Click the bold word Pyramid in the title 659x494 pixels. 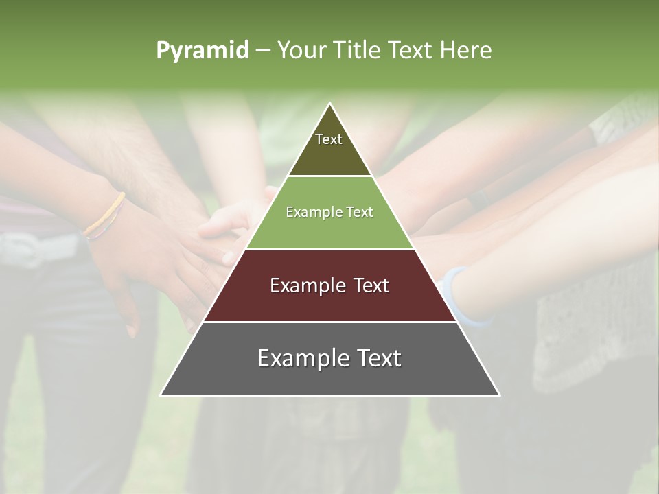pyautogui.click(x=203, y=51)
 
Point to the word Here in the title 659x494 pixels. pyautogui.click(x=465, y=50)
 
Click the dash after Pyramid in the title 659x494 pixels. pyautogui.click(x=263, y=51)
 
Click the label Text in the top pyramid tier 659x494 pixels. pyautogui.click(x=329, y=139)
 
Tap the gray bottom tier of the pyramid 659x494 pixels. pyautogui.click(x=329, y=377)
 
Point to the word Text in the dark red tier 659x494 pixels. pyautogui.click(x=371, y=285)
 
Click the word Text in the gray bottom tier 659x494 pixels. pyautogui.click(x=379, y=357)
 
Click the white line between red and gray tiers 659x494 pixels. pyautogui.click(x=329, y=322)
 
